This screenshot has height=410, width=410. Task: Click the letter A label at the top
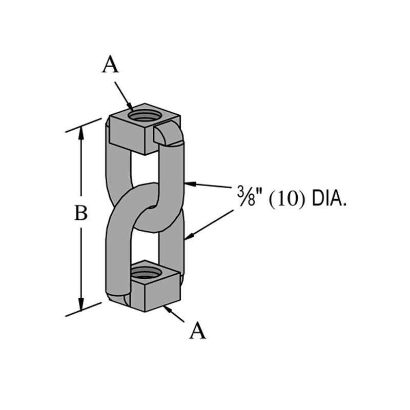pyautogui.click(x=110, y=65)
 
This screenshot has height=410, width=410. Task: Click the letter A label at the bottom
pyautogui.click(x=198, y=331)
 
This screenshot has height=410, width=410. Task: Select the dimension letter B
pyautogui.click(x=81, y=213)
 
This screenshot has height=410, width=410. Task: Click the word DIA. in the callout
pyautogui.click(x=327, y=196)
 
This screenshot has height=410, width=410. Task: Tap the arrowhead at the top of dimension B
pyautogui.click(x=81, y=132)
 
